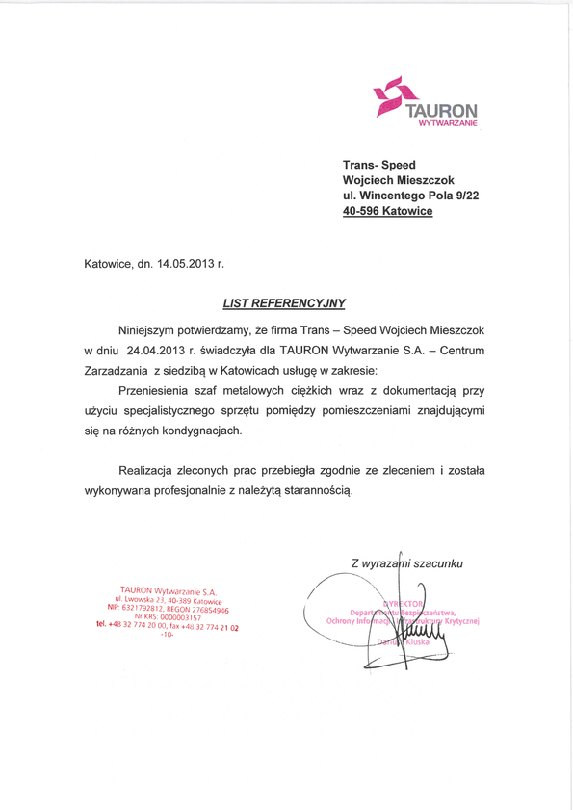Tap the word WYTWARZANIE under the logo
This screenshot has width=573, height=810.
(x=444, y=124)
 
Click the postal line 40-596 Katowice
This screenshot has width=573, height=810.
(x=388, y=212)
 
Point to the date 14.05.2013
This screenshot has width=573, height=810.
(x=186, y=261)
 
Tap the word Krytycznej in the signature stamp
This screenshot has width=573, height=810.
(x=457, y=621)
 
